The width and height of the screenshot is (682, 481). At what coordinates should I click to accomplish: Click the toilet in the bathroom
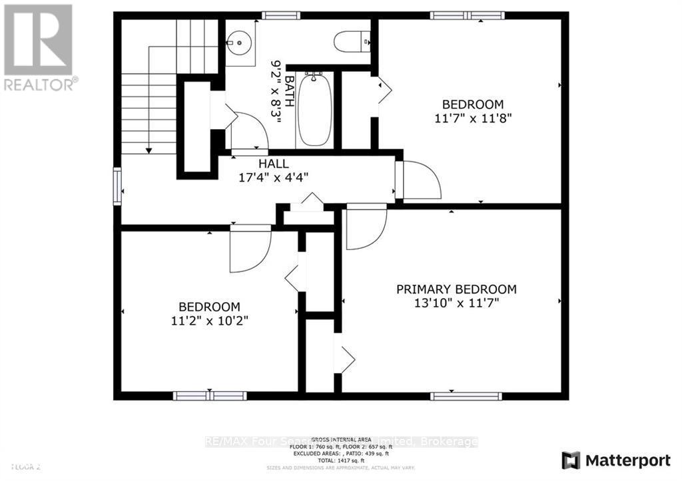(x=351, y=42)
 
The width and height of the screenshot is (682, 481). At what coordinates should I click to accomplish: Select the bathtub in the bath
(x=313, y=110)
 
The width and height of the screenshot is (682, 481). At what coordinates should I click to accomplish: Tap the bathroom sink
(x=239, y=42)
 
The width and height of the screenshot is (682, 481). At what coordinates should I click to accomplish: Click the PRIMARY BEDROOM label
(x=456, y=289)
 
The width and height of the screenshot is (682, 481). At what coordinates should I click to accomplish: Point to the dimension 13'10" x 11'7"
(x=456, y=303)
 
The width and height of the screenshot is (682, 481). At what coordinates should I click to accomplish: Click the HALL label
(x=273, y=164)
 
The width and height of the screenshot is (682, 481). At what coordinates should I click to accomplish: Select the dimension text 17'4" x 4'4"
(x=273, y=178)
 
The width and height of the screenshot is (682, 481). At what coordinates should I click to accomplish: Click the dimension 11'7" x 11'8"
(x=473, y=118)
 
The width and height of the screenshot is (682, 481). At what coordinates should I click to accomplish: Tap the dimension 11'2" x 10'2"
(x=208, y=320)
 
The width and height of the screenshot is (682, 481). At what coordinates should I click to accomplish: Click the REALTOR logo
(x=39, y=47)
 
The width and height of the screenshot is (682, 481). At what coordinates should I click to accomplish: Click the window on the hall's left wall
(x=117, y=186)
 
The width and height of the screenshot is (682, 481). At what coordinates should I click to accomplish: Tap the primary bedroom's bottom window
(x=466, y=396)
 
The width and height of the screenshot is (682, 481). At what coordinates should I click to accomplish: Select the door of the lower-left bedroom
(x=250, y=249)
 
